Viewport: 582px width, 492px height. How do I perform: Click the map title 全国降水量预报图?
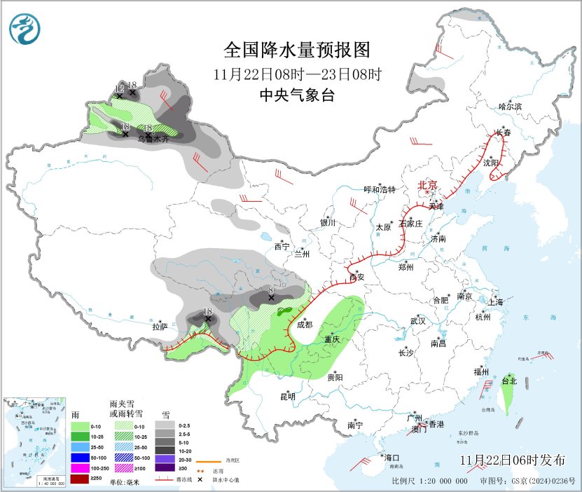296,50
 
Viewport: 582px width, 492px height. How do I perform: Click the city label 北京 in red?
427,185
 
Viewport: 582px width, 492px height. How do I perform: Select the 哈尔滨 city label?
510,107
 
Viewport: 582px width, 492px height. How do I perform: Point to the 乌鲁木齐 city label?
153,139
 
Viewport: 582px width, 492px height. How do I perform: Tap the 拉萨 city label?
160,327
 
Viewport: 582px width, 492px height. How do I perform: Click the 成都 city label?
305,324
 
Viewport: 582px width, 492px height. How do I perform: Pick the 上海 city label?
496,302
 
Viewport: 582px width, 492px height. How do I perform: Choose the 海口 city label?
393,458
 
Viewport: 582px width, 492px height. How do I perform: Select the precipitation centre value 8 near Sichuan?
271,289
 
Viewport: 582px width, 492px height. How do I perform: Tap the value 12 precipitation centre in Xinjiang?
119,88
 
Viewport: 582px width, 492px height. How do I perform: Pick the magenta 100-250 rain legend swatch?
81,467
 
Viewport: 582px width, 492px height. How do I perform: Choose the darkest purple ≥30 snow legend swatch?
165,467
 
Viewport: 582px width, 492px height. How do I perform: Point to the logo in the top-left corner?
25,27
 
